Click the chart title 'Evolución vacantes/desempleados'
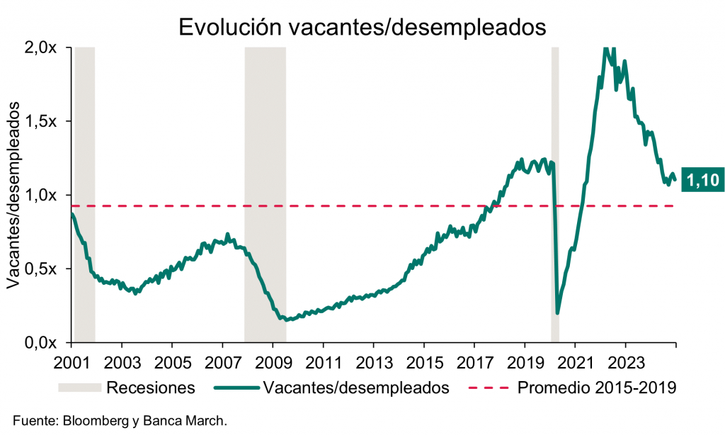(362, 26)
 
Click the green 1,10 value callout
(703, 181)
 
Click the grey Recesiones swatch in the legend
(79, 388)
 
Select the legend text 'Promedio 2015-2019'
(597, 388)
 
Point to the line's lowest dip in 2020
(558, 312)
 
